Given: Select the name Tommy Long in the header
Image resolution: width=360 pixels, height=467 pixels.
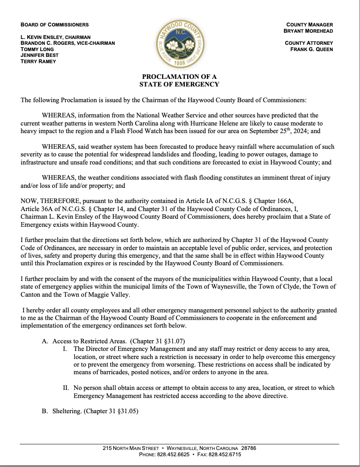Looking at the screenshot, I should [37, 49].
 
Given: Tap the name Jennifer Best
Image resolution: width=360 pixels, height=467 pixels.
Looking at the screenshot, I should [39, 56].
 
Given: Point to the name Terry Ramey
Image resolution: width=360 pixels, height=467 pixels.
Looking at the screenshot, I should [39, 61].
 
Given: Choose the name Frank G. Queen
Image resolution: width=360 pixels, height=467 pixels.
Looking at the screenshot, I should [312, 49].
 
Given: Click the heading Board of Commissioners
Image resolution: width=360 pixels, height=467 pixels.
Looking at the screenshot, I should [55, 25].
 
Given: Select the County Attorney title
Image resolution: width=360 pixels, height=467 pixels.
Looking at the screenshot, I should [309, 43].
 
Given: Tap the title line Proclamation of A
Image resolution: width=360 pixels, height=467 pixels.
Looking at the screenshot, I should [180, 77].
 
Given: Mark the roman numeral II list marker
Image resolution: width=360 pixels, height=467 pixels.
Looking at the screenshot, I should [66, 388].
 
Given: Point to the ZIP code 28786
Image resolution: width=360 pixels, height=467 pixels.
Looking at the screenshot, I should [249, 448].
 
